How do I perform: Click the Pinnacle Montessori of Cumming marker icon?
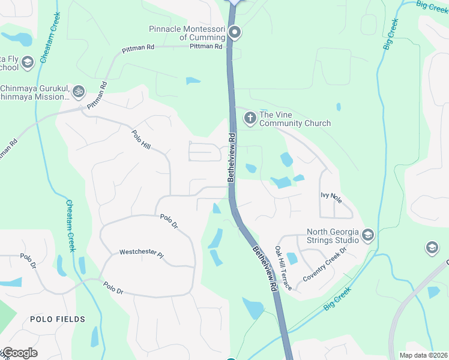[235, 32]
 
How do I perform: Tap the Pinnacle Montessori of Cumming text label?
[187, 33]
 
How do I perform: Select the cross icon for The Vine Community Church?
[250, 119]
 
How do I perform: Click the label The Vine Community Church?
[295, 119]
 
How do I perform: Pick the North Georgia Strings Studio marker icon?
[368, 235]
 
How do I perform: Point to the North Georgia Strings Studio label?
[333, 236]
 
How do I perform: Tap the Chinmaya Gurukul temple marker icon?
[79, 92]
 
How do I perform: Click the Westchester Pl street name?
[141, 253]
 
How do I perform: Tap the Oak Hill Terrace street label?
[283, 268]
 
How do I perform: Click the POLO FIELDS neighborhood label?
[58, 319]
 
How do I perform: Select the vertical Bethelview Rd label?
[231, 158]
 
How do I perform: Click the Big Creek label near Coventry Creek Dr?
[337, 298]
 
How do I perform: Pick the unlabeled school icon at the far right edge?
[431, 247]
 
